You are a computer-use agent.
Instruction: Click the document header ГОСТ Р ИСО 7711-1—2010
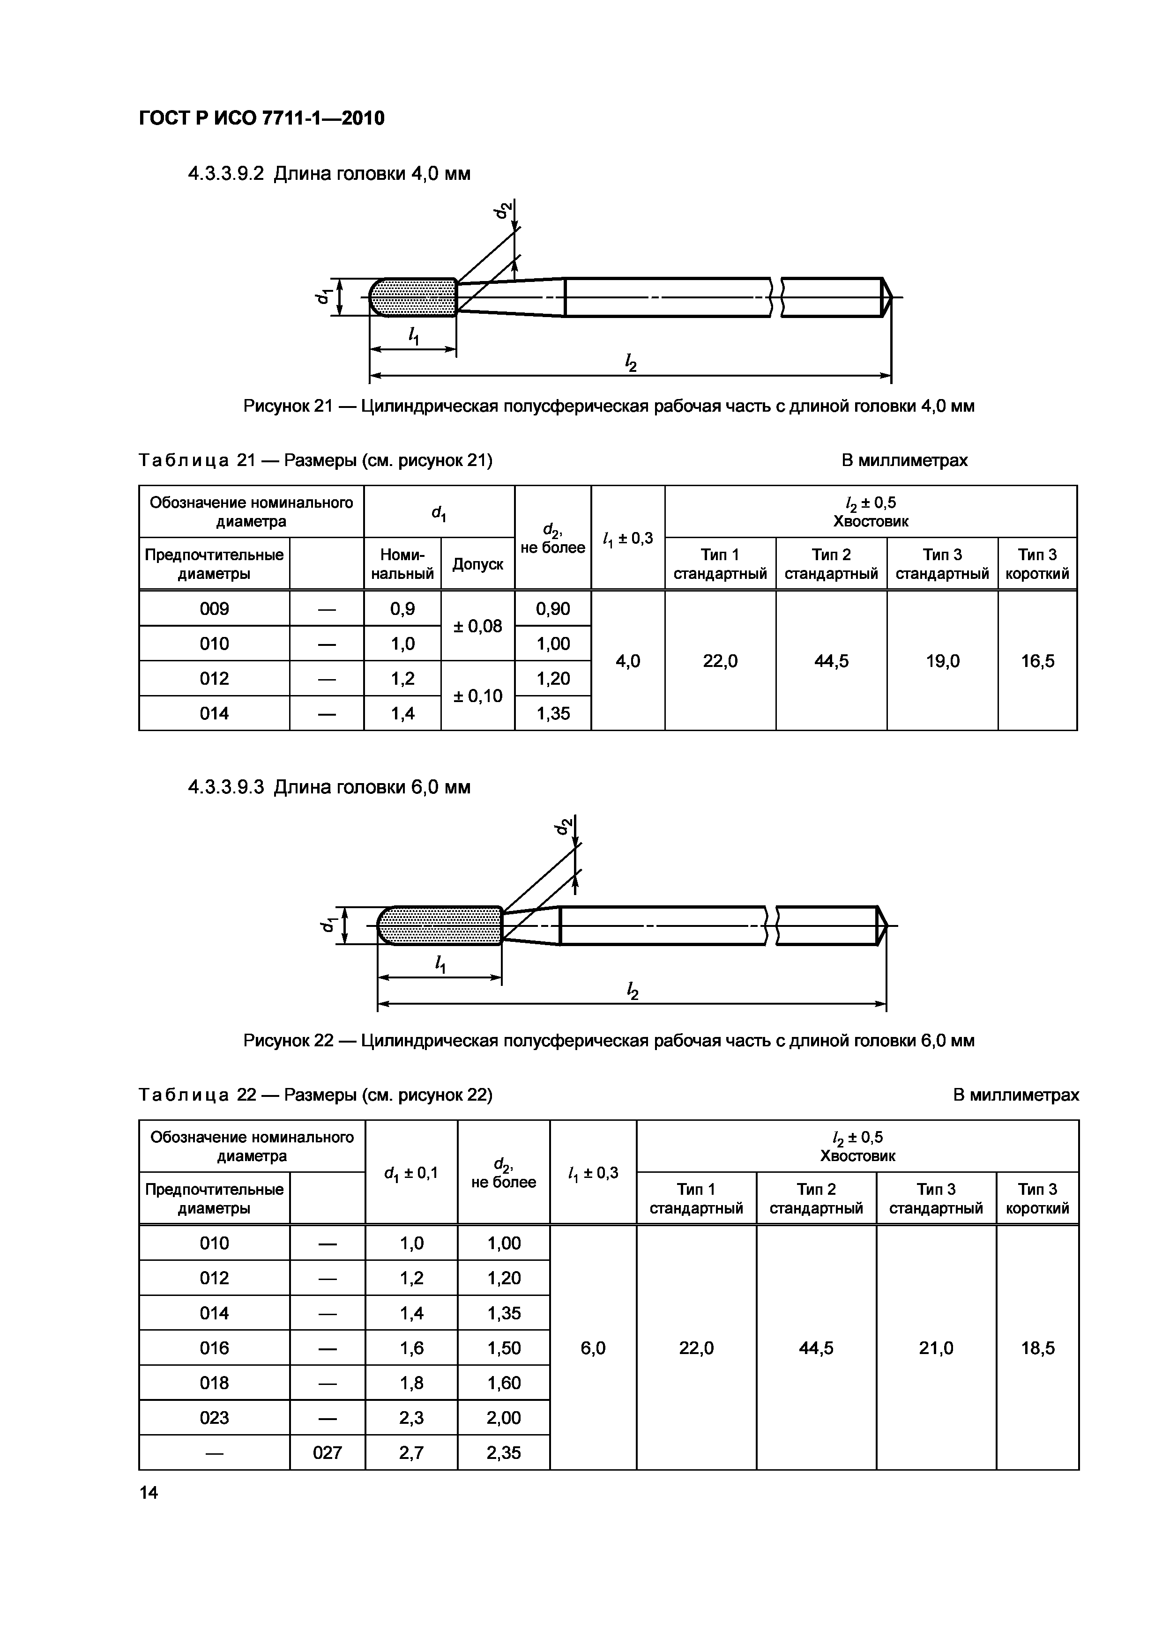261,118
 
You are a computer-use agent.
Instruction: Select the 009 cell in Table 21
214,609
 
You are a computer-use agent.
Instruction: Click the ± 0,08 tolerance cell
477,626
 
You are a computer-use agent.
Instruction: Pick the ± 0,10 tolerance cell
477,696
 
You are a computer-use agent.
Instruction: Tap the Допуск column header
477,564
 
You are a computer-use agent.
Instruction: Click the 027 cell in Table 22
327,1452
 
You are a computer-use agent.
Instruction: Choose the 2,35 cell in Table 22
503,1452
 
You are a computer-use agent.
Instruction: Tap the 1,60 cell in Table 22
503,1383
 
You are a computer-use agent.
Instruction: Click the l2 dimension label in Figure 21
631,364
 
